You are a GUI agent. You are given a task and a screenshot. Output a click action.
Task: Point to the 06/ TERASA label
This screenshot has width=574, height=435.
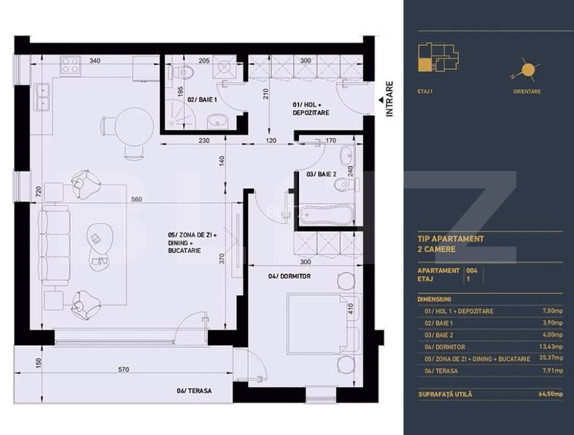(193, 391)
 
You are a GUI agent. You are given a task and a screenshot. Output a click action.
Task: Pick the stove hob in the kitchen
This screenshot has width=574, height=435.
(71, 65)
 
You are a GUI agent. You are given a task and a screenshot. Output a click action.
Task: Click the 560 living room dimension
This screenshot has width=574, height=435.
(137, 199)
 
